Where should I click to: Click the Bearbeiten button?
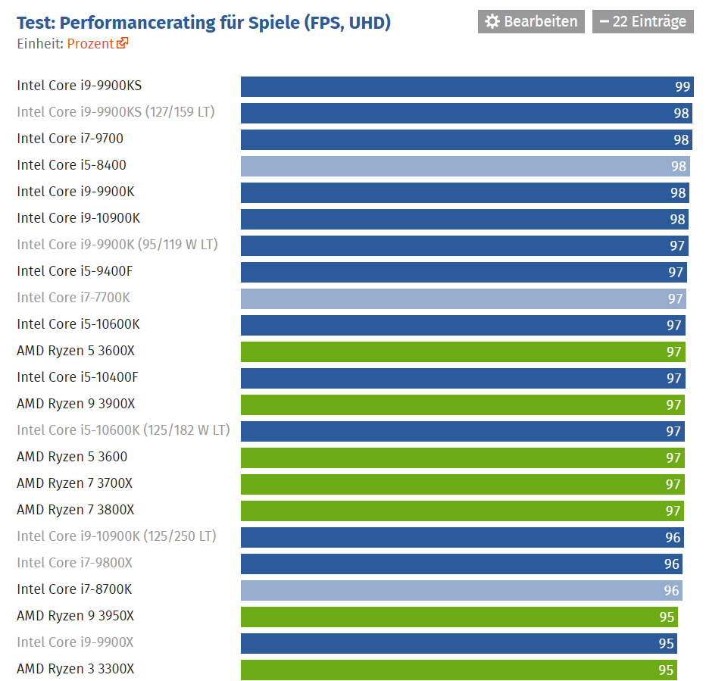point(531,22)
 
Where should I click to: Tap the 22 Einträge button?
point(642,22)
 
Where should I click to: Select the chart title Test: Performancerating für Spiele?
point(158,23)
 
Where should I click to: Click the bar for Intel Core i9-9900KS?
point(467,86)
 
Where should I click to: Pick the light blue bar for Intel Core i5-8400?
point(465,166)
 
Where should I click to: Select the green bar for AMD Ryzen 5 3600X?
point(463,351)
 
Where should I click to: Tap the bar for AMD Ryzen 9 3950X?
point(459,617)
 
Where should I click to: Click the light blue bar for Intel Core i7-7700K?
point(464,298)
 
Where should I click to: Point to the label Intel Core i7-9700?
point(70,139)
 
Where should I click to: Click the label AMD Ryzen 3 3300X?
point(75,669)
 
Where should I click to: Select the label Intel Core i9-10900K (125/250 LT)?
point(117,536)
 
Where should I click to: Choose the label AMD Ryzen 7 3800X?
point(75,510)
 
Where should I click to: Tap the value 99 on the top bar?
point(683,86)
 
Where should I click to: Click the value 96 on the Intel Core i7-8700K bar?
point(671,590)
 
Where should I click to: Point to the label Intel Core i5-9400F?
point(75,271)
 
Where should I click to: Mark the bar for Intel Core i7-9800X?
point(461,564)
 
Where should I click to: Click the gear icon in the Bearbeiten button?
point(492,22)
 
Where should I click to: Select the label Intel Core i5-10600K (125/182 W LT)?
point(123,430)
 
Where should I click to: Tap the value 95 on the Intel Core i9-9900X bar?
point(666,644)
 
